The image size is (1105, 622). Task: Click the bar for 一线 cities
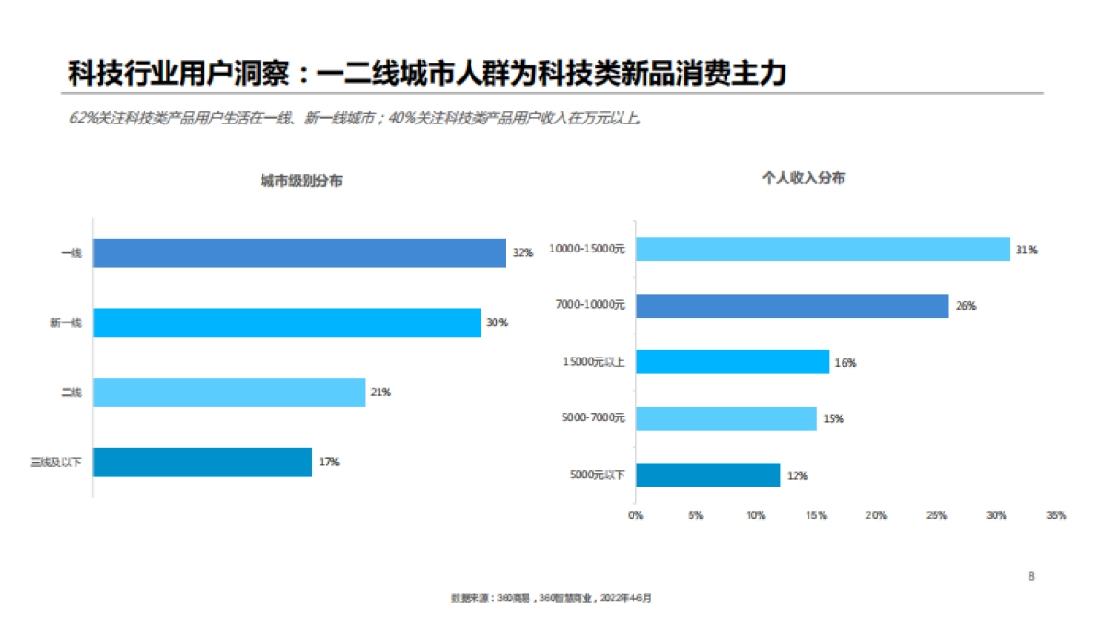[x=299, y=252]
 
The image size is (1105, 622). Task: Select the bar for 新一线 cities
[x=286, y=323]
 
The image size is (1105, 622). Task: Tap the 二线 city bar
[x=229, y=393]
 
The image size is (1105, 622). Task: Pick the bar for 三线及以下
[x=203, y=462]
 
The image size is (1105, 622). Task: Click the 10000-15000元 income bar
[x=822, y=249]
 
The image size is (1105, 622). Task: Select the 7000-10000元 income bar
[x=792, y=306]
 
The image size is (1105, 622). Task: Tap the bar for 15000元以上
[x=732, y=362]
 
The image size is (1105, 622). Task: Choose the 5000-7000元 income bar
[x=726, y=418]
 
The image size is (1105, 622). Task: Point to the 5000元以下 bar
[x=708, y=475]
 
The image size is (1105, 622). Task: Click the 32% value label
[x=523, y=252]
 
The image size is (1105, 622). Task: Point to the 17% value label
[x=330, y=462]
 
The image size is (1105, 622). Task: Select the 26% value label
[x=966, y=306]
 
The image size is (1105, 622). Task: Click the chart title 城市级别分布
[x=301, y=182]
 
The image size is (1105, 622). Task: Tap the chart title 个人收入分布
[x=803, y=179]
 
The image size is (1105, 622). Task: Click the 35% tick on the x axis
[x=1056, y=516]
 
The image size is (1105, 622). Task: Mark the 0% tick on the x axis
[x=635, y=516]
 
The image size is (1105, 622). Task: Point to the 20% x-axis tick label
[x=876, y=516]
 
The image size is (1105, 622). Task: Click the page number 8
[x=1031, y=577]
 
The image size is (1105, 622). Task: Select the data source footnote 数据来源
[x=551, y=598]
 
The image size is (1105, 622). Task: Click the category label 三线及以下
[x=56, y=463]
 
